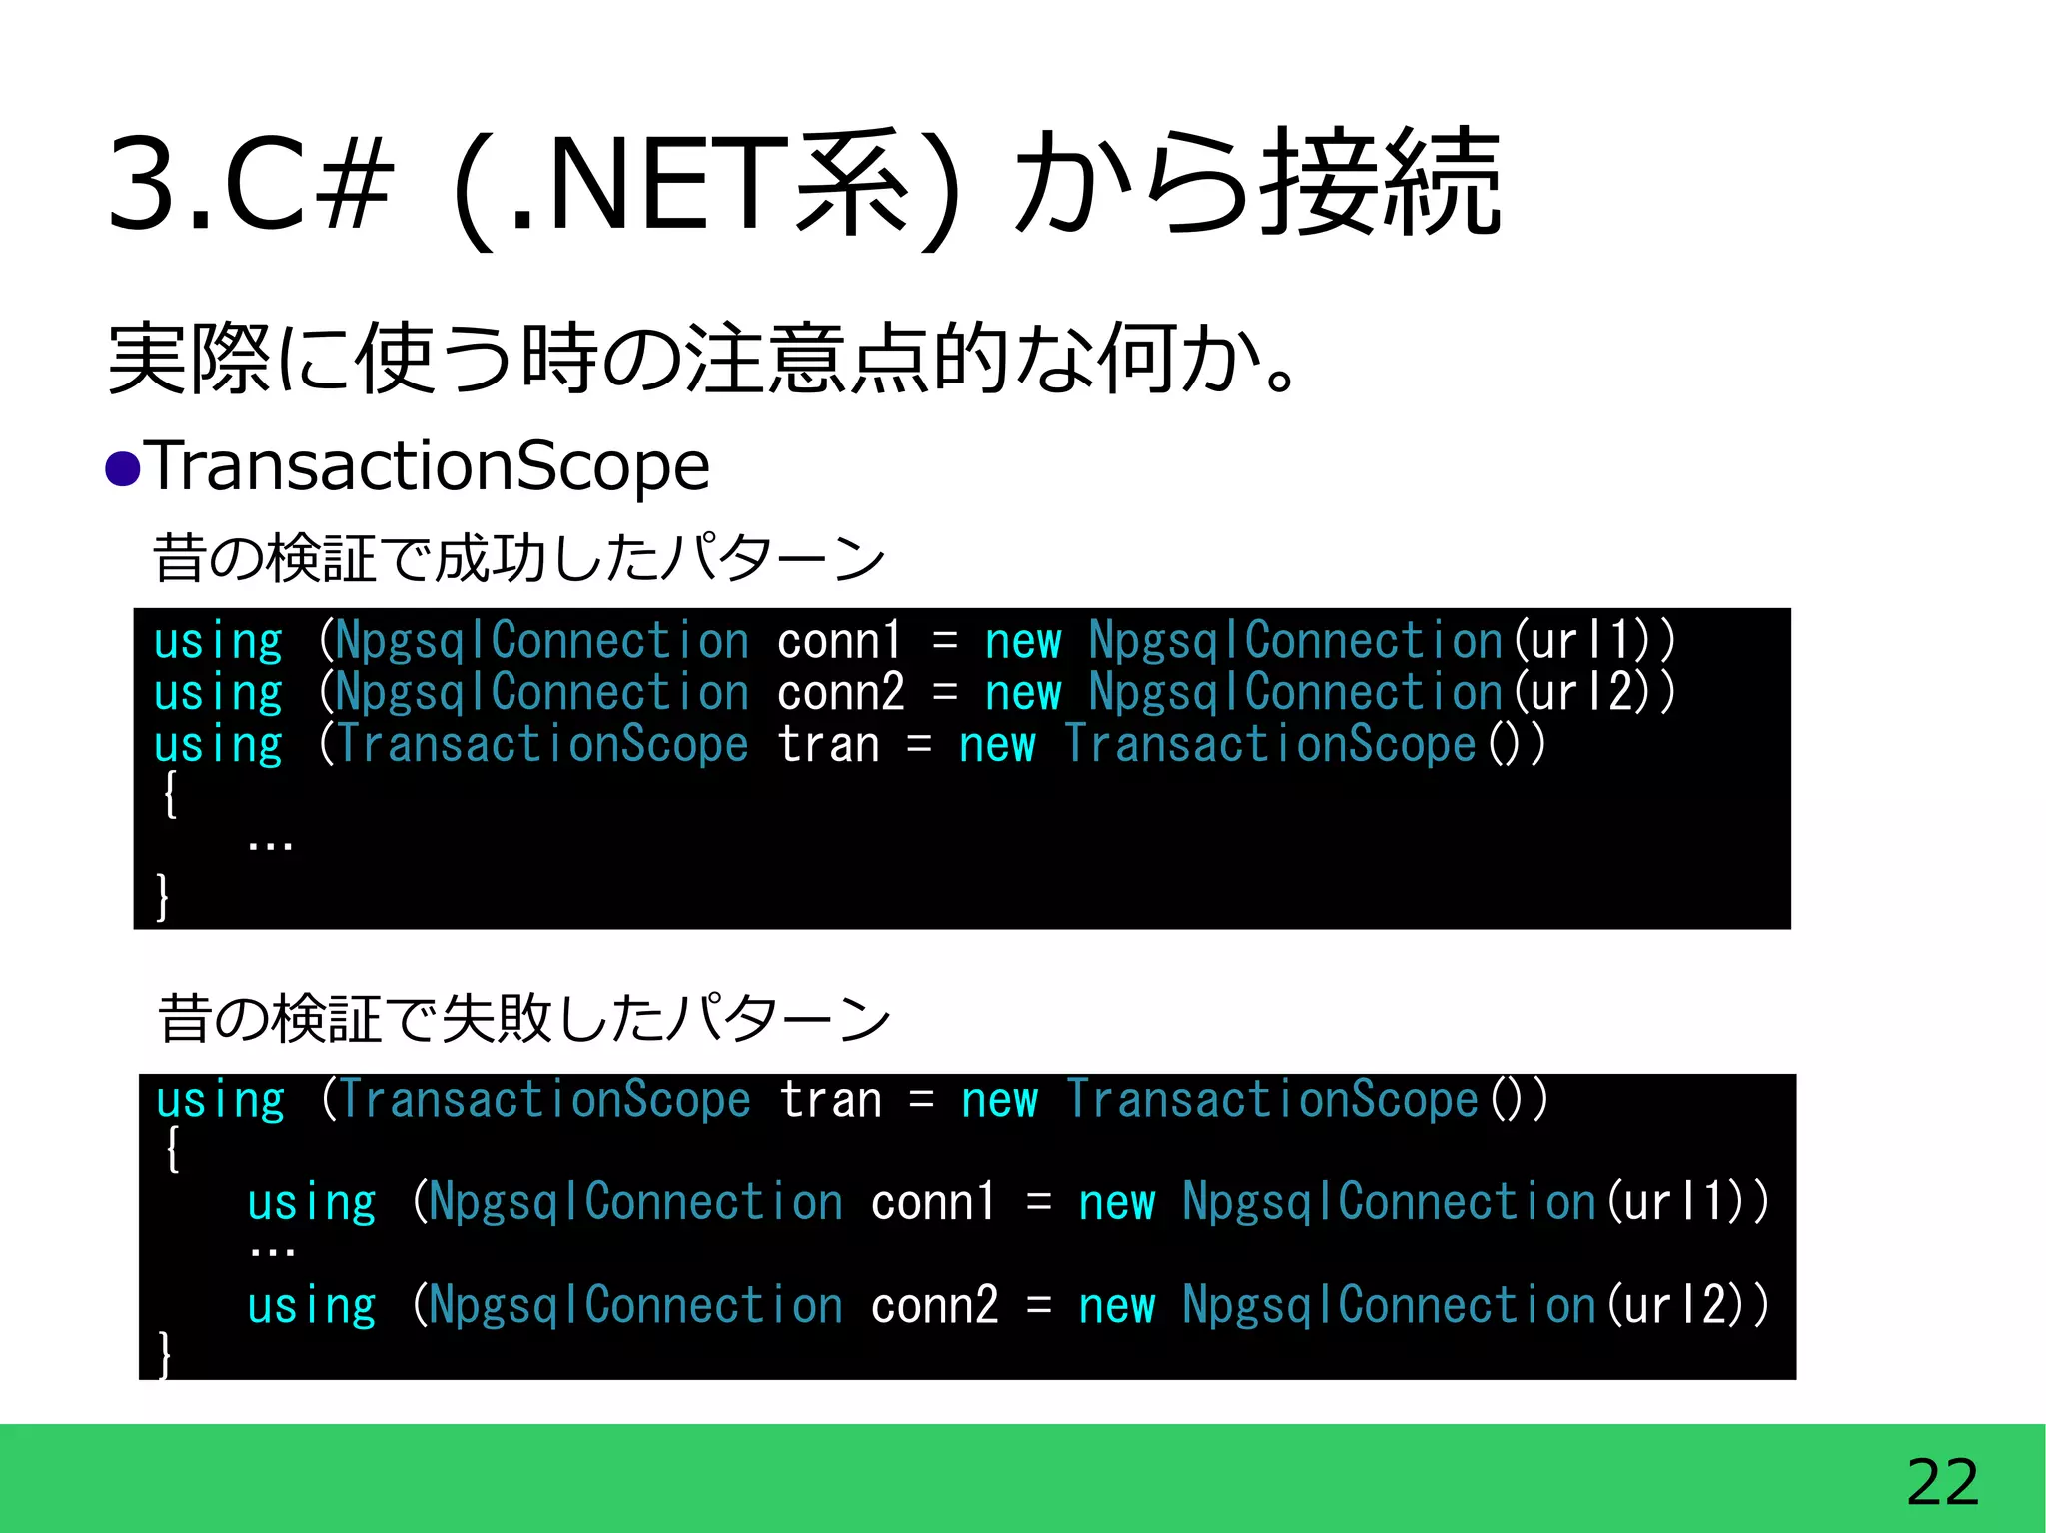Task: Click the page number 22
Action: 1941,1482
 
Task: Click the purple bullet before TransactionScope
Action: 123,468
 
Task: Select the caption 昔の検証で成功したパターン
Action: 518,557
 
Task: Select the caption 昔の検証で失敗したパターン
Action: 523,1019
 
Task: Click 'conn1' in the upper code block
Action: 839,641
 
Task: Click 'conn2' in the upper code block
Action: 840,693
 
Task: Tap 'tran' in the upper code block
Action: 828,745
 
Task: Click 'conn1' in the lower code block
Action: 933,1202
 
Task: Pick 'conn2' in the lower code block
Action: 934,1306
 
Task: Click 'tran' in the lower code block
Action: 830,1101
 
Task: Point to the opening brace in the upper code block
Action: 171,795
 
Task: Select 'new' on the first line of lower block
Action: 999,1101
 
